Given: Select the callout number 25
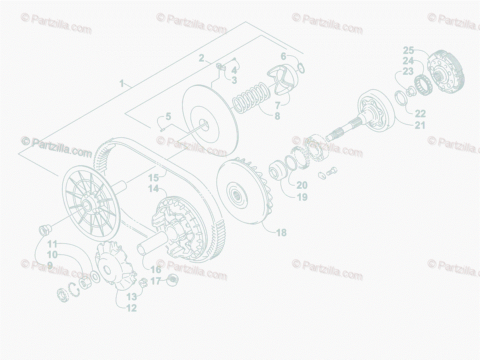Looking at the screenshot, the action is pos(408,51).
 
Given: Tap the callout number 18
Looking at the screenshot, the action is pos(282,232).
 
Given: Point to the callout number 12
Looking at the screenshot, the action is pos(131,308).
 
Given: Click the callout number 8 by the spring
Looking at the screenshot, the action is pos(277,116).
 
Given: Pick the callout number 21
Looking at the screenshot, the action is pos(420,125).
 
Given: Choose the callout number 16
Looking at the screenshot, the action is pos(156,270).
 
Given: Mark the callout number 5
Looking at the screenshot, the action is pos(168,117).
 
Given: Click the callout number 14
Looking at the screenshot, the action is pos(154,188).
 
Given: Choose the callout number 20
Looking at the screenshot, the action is pos(302,185).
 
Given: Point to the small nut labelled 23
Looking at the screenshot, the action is pos(410,92).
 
